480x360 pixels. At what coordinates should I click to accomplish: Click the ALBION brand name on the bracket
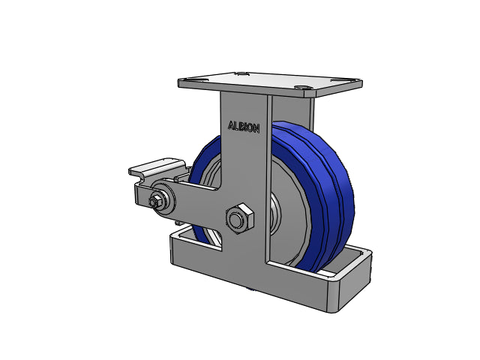coord(244,127)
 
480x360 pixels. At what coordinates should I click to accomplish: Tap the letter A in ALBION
coord(231,125)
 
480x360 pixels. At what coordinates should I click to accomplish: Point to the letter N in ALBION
coord(256,129)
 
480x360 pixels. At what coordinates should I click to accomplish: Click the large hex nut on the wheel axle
coord(240,218)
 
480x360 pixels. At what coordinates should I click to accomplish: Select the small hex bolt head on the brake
coord(154,202)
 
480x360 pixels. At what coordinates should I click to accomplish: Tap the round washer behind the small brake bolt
coord(163,199)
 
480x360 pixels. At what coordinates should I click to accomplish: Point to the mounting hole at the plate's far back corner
coord(242,73)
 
